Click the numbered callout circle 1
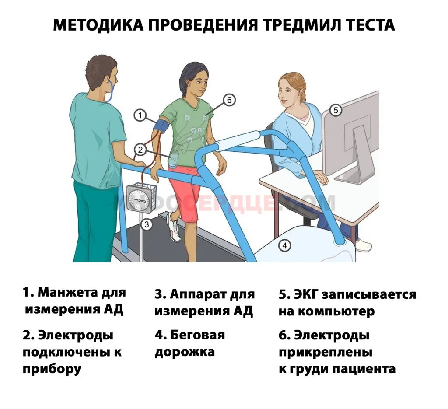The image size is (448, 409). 140,115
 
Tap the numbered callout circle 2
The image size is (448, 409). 140,150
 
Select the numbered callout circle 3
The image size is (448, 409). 147,225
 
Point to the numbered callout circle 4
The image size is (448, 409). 284,246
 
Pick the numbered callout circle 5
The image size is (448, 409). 336,110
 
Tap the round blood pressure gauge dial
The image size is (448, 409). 140,199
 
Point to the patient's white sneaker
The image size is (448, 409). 174,227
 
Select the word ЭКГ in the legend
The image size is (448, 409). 307,294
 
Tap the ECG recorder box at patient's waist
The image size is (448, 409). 174,160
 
